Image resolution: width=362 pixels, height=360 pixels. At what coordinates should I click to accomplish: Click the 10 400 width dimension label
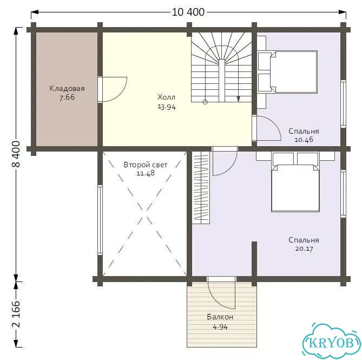pyautogui.click(x=188, y=12)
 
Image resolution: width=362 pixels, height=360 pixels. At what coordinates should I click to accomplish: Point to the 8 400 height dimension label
pyautogui.click(x=16, y=154)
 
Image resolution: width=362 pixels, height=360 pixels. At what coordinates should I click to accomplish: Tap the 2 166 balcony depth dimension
pyautogui.click(x=16, y=315)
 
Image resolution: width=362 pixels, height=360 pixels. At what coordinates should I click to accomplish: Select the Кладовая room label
pyautogui.click(x=67, y=88)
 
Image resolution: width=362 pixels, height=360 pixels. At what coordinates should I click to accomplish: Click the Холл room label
pyautogui.click(x=167, y=97)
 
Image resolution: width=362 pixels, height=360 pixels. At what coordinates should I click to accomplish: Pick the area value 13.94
pyautogui.click(x=167, y=107)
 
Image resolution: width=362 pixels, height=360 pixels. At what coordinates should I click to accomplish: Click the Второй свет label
pyautogui.click(x=146, y=165)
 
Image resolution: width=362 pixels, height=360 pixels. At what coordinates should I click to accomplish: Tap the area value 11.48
pyautogui.click(x=146, y=173)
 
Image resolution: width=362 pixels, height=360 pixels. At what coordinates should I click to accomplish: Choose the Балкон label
pyautogui.click(x=220, y=317)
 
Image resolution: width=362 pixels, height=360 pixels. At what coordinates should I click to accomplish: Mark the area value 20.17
pyautogui.click(x=304, y=248)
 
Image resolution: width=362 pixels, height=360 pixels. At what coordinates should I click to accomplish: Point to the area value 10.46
pyautogui.click(x=304, y=140)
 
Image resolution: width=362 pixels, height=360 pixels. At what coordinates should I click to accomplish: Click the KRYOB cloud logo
pyautogui.click(x=332, y=342)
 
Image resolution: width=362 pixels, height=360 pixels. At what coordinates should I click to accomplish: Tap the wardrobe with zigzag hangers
pyautogui.click(x=201, y=188)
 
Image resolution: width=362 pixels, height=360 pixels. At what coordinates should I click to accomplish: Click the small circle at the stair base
pyautogui.click(x=205, y=102)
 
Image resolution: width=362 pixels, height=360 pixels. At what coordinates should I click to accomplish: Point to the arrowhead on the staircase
pyautogui.click(x=239, y=99)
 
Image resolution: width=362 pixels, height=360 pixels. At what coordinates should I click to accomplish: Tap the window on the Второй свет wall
pyautogui.click(x=100, y=220)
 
